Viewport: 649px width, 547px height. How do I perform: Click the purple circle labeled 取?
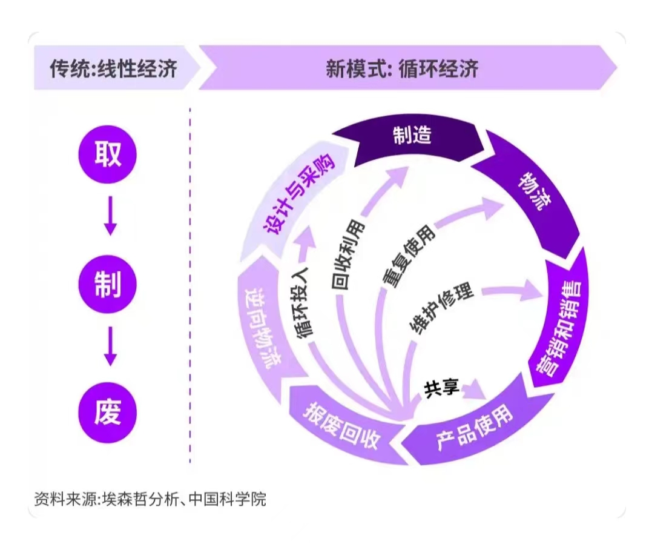click(x=108, y=154)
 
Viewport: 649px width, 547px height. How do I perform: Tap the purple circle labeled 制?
click(x=108, y=283)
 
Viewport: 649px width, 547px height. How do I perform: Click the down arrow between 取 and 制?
click(x=110, y=218)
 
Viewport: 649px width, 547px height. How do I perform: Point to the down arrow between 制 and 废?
click(x=110, y=348)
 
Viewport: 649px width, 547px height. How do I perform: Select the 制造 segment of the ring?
click(x=412, y=136)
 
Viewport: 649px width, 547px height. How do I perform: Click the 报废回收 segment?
click(x=343, y=424)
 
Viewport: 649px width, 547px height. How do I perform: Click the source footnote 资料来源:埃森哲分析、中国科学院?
click(x=151, y=500)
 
